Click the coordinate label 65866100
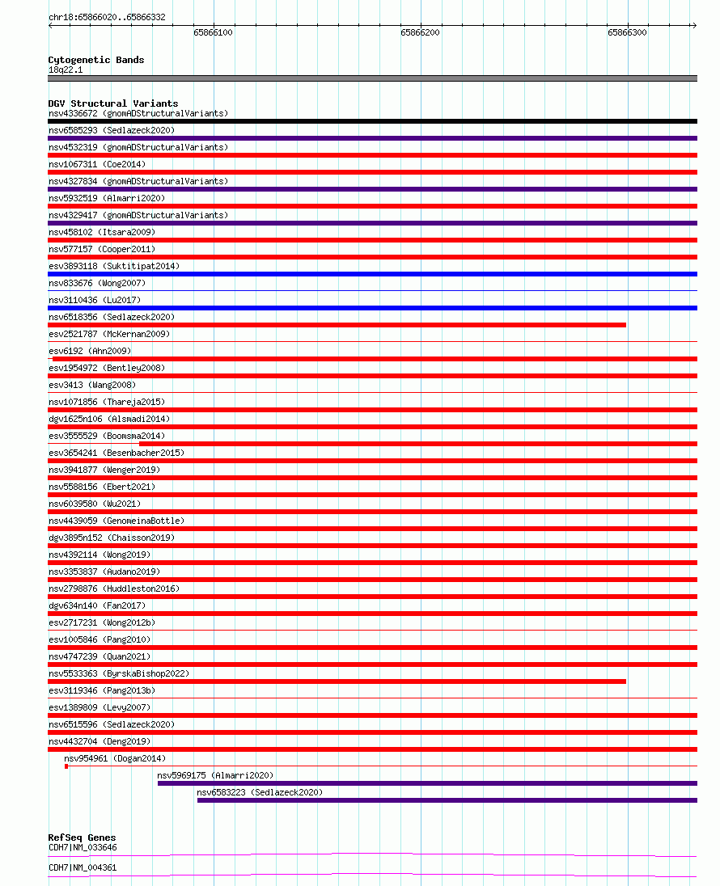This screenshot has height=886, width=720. pos(213,32)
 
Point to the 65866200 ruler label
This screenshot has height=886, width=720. pos(420,32)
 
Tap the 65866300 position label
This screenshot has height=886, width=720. pos(627,32)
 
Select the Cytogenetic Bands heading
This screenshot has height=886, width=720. pos(95,60)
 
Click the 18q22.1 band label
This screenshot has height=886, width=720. pos(65,70)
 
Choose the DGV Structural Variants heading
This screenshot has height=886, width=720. pos(113,103)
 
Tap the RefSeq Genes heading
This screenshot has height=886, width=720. pos(82,837)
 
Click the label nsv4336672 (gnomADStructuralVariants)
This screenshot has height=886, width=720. pos(138,113)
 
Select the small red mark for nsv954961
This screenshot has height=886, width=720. pos(66,766)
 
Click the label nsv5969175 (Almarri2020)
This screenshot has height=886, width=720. pos(215,775)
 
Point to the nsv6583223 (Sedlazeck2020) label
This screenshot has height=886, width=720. pos(259,792)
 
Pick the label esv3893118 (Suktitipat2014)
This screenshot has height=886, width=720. pos(114,266)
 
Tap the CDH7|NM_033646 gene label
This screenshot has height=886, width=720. pos(83,847)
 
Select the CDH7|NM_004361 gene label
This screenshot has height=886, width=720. pos(83,867)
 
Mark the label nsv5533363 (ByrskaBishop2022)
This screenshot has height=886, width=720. pos(119,673)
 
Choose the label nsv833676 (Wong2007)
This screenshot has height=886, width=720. pos(97,283)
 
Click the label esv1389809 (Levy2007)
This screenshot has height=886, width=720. pos(100,707)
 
